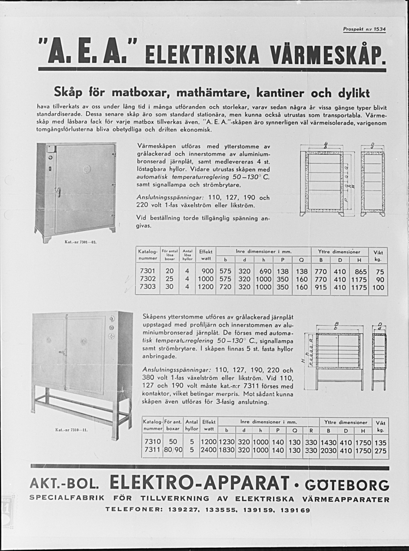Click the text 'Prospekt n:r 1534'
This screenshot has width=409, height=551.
(364, 29)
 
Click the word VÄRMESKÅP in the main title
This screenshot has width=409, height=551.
(327, 55)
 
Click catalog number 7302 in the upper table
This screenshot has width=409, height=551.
(147, 279)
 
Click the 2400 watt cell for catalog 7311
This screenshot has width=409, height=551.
(208, 450)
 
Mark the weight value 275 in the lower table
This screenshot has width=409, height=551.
(381, 450)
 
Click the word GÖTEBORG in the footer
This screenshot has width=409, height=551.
(347, 485)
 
